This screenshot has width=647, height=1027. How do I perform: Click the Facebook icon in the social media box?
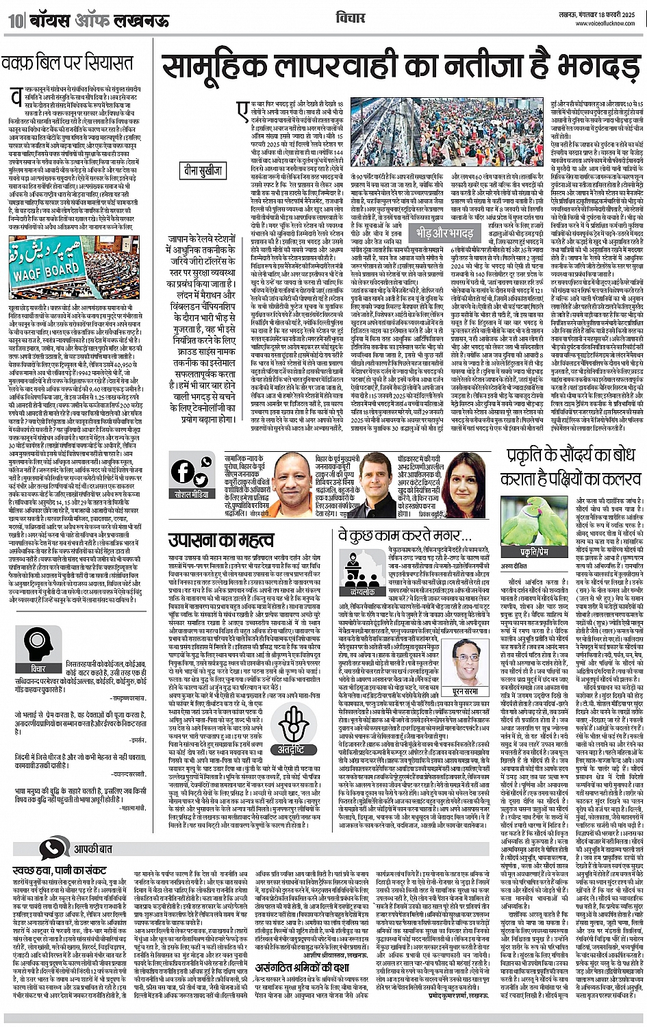point(183,472)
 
